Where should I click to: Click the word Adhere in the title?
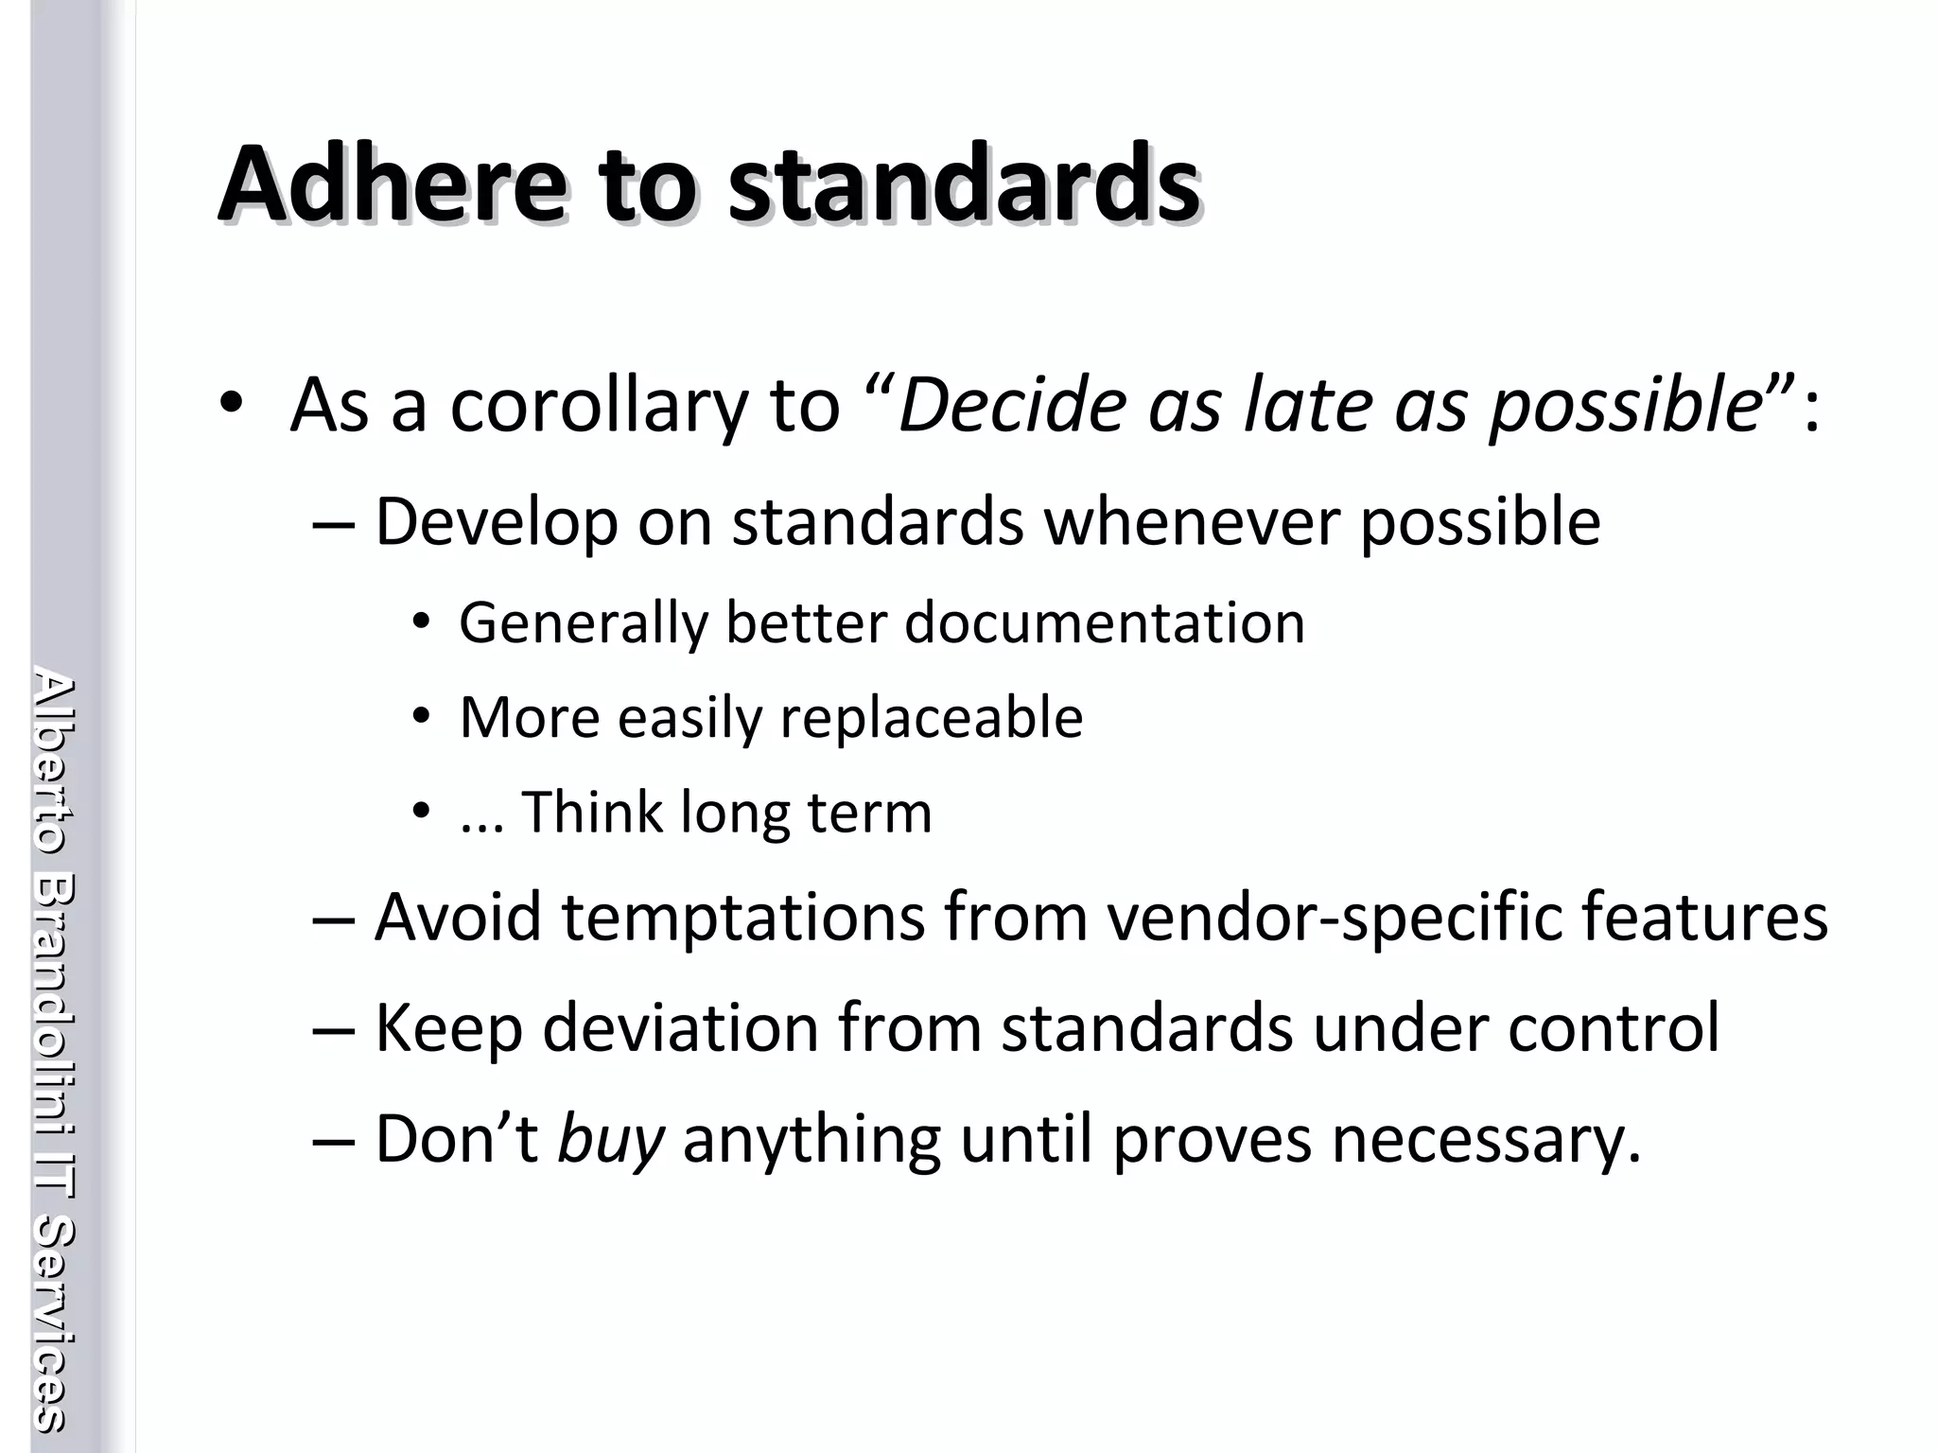393,184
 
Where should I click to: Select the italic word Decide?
1013,406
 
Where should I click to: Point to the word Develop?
497,522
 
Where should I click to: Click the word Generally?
583,623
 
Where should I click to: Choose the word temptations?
743,917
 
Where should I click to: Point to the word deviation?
680,1027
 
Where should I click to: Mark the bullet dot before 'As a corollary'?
231,404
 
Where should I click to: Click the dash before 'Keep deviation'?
333,1027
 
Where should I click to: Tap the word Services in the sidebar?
54,1324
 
